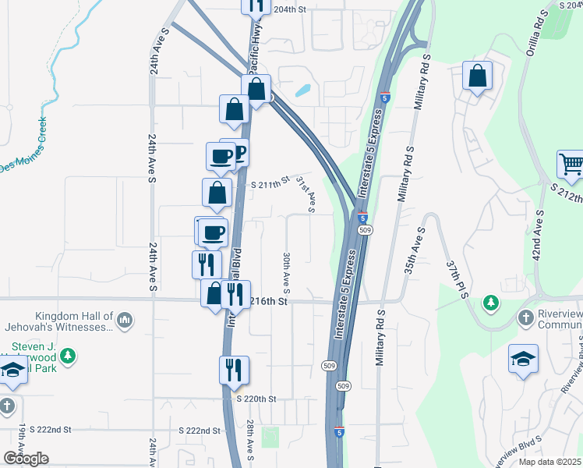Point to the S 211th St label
pos(270,184)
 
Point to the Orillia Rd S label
pos(539,32)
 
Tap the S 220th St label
pos(256,399)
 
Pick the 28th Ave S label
pos(251,440)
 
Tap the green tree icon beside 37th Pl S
pos(491,302)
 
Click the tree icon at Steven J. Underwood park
pos(69,356)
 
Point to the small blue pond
pos(302,90)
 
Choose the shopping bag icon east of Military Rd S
pos(477,76)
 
